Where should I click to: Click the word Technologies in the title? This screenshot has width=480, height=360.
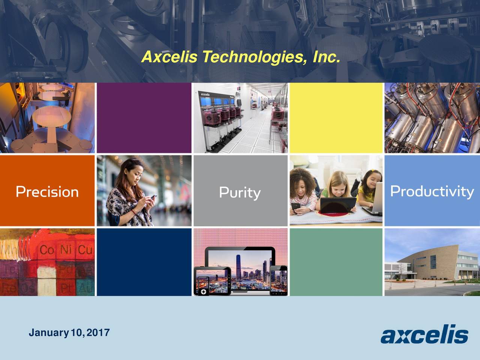(x=251, y=57)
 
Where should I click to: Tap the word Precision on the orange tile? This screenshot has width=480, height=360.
(x=47, y=192)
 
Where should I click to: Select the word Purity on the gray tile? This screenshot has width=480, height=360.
(x=240, y=193)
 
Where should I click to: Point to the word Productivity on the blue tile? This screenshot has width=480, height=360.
(x=432, y=191)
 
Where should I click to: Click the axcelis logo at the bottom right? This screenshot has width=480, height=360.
(x=424, y=334)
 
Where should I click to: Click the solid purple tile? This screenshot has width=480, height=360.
(x=144, y=118)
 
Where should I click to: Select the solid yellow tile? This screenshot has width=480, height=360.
(x=336, y=118)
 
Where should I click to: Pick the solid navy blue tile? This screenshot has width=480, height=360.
(x=144, y=262)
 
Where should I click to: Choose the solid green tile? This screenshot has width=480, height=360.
(x=336, y=262)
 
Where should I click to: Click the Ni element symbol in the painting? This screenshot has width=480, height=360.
(x=66, y=250)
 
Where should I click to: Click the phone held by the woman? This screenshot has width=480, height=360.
(x=153, y=197)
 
